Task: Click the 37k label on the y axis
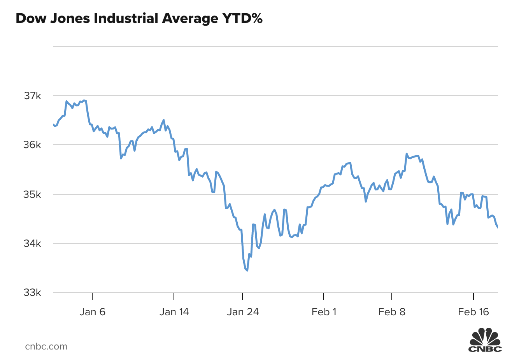(32, 96)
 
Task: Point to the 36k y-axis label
(32, 145)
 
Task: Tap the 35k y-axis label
(32, 194)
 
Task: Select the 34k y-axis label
(32, 244)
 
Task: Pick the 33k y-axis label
(32, 293)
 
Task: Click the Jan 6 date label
(92, 312)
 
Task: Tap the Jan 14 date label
(174, 312)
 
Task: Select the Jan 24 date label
(243, 312)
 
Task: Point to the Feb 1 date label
(324, 312)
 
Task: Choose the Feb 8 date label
(392, 312)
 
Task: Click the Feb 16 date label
(473, 312)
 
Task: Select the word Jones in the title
(70, 18)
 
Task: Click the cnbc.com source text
(46, 346)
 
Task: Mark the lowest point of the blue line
(247, 270)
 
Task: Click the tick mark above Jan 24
(242, 296)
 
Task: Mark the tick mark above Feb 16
(473, 296)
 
